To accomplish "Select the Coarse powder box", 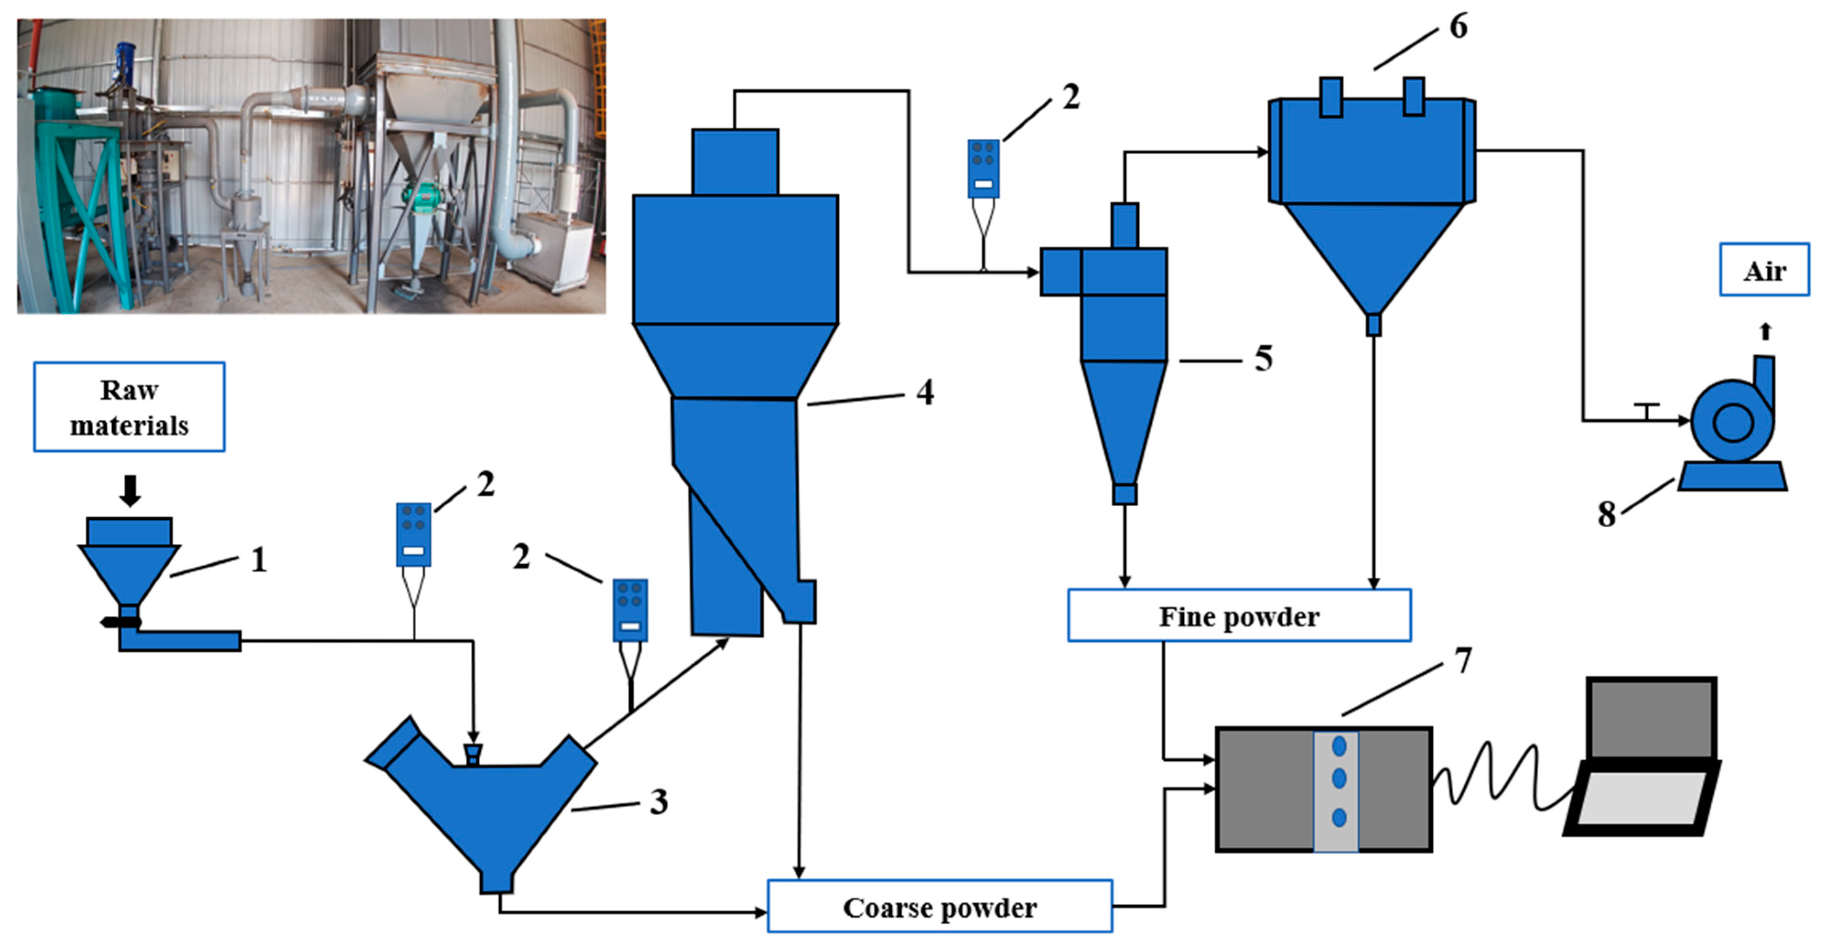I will (940, 907).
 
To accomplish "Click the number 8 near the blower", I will (1607, 514).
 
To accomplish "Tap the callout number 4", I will (924, 391).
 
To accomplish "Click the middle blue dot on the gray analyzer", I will (1339, 779).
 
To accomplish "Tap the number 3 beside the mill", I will (658, 802).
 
